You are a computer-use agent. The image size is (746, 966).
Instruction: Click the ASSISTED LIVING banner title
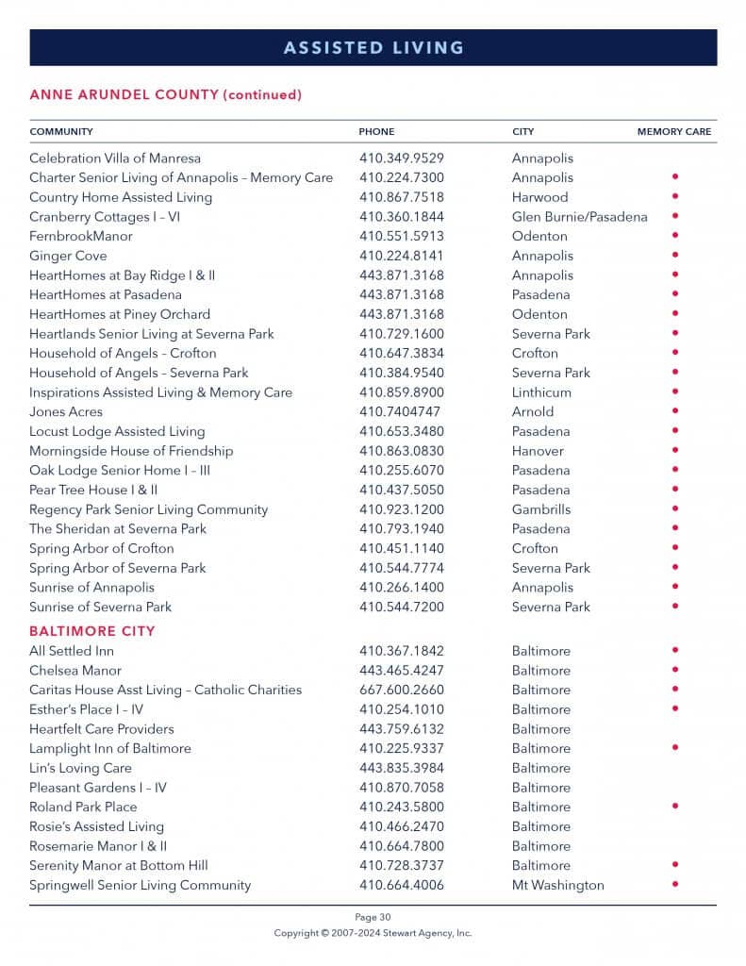[373, 47]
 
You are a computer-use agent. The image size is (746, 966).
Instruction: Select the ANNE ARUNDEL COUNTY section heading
[165, 95]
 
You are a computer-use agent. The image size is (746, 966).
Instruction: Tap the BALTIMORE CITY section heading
[92, 631]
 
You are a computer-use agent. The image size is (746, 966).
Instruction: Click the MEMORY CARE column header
[673, 132]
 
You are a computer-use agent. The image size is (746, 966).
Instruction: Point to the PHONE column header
[376, 132]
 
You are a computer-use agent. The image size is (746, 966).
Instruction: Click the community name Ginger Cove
[68, 256]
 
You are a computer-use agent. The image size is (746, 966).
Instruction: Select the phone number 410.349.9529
[401, 158]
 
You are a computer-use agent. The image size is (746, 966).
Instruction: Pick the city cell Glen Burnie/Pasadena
[579, 217]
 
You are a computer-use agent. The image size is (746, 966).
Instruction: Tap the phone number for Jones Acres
[399, 412]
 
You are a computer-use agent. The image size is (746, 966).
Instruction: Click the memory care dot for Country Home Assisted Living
[674, 196]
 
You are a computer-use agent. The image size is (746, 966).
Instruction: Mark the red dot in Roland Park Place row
[674, 807]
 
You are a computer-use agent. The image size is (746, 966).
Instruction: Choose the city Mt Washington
[557, 885]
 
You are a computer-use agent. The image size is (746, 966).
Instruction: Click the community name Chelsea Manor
[75, 671]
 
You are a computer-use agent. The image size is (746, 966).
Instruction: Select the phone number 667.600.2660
[401, 690]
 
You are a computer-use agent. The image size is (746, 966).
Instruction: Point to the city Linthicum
[541, 392]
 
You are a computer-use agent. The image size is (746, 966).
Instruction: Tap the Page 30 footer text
[373, 917]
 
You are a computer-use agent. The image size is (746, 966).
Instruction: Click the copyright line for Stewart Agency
[373, 933]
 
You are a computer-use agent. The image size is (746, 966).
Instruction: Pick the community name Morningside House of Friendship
[131, 451]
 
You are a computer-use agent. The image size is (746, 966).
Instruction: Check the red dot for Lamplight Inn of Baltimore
[674, 748]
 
